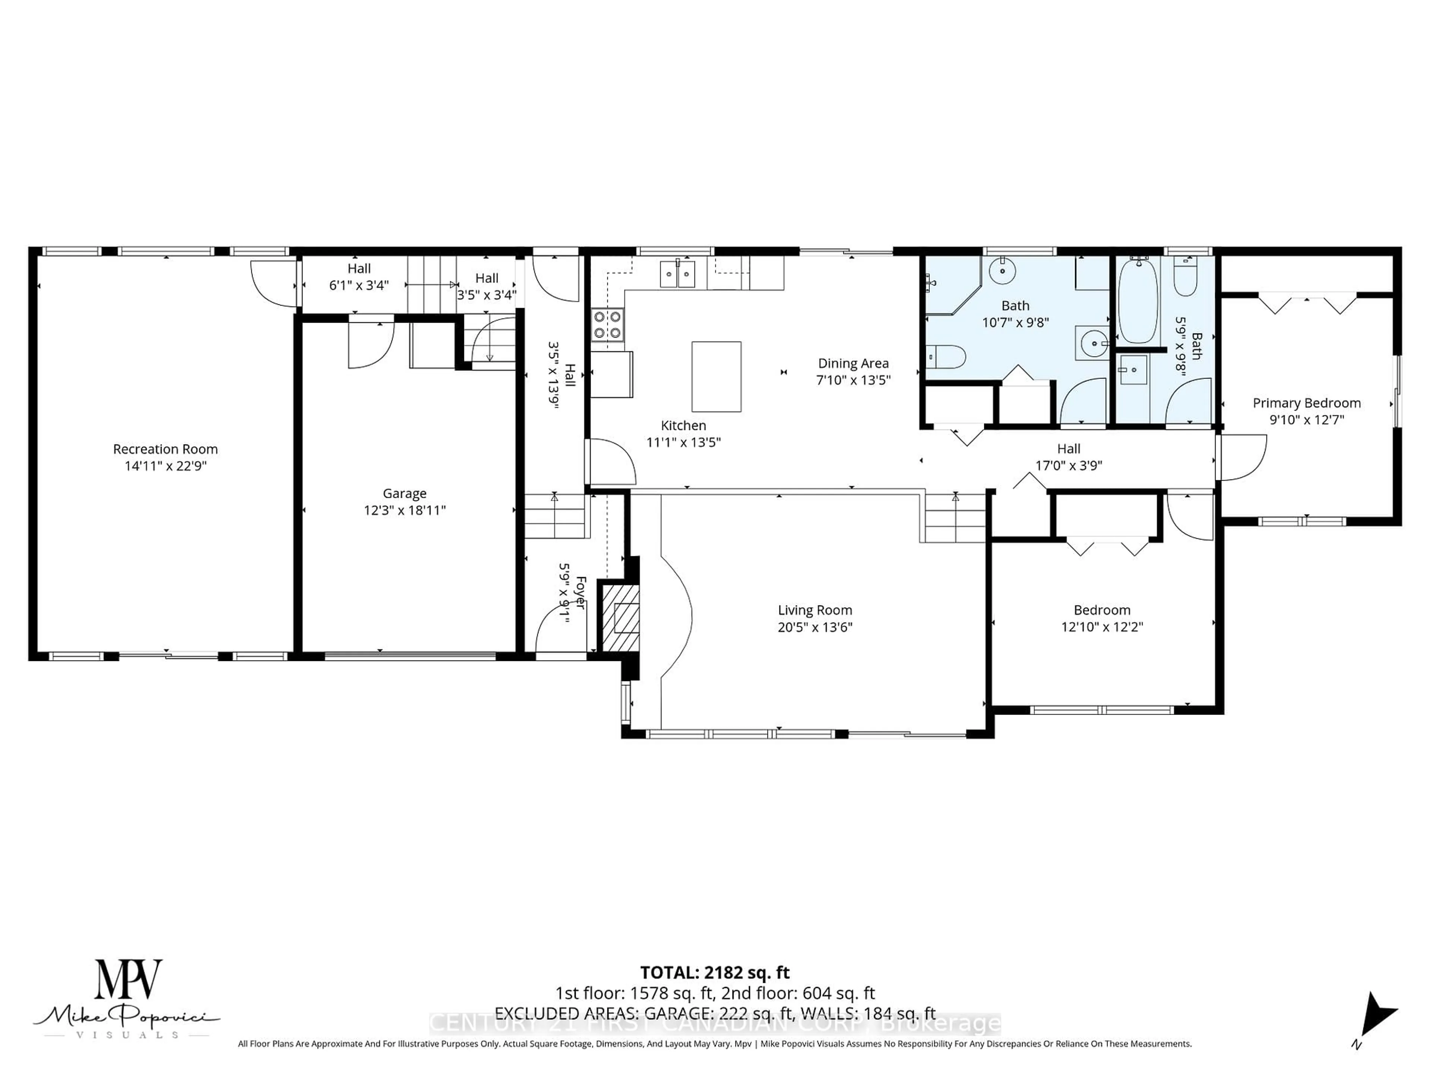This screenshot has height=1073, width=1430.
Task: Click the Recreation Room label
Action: (x=165, y=449)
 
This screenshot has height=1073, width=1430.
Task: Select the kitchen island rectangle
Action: (x=716, y=376)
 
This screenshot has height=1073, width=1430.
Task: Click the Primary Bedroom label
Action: (x=1306, y=403)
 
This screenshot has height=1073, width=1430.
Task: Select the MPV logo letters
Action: (x=128, y=980)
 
